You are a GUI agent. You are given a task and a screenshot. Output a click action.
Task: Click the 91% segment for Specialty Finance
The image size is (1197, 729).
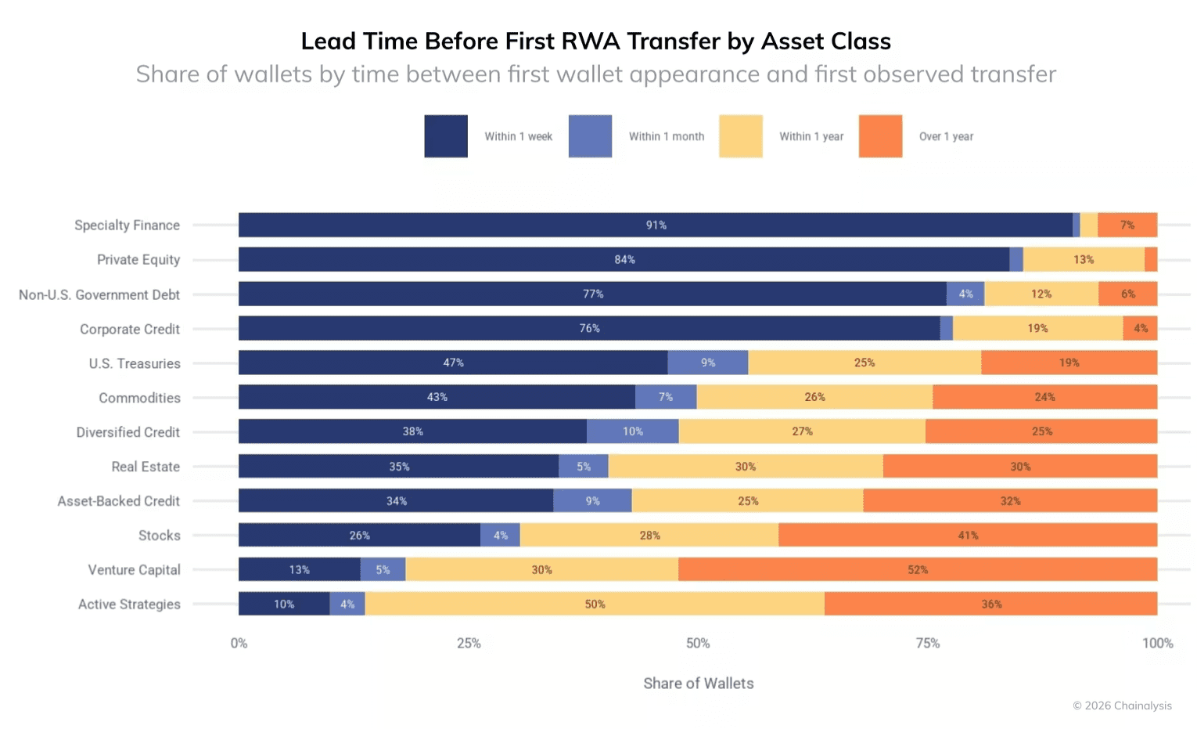[x=656, y=225]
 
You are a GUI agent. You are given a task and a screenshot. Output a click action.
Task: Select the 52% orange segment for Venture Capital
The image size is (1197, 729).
[x=917, y=569]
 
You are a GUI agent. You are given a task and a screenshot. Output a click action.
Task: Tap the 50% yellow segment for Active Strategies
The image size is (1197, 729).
[x=595, y=604]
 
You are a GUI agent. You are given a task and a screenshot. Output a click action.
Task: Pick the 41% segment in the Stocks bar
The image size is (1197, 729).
[x=967, y=535]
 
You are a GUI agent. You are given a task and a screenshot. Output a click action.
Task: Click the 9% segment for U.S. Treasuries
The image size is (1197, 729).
[x=707, y=363]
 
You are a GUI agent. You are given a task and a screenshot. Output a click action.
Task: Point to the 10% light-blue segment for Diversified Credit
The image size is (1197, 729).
[x=632, y=431]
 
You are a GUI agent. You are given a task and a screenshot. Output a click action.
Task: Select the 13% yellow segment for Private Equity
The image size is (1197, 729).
[x=1083, y=259]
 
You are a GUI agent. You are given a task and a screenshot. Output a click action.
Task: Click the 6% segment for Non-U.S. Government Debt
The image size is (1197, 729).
[x=1127, y=294]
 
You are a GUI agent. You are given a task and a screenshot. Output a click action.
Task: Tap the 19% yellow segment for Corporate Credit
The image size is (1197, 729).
[x=1037, y=328]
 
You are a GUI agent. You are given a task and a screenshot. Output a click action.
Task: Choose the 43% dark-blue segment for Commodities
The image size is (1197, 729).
[x=437, y=397]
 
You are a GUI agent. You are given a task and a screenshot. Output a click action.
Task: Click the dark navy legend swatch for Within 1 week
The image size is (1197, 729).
[x=446, y=136]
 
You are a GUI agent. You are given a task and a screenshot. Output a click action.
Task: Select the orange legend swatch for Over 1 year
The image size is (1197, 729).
[x=880, y=136]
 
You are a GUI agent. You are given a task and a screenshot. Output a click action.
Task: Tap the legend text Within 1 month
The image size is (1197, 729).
[x=666, y=136]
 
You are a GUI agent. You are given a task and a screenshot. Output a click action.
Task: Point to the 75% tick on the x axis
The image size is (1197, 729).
[x=927, y=643]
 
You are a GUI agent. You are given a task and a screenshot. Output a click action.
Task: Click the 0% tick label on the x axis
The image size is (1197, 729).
[x=239, y=643]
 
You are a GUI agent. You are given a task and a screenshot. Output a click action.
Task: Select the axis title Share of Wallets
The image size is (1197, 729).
[x=698, y=683]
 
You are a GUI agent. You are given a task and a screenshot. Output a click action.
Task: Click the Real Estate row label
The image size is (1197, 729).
[x=146, y=467]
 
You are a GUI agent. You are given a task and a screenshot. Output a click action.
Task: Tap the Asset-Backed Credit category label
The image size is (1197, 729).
[x=118, y=501]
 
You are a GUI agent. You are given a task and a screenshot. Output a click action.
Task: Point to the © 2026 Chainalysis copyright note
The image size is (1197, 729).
[x=1122, y=706]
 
